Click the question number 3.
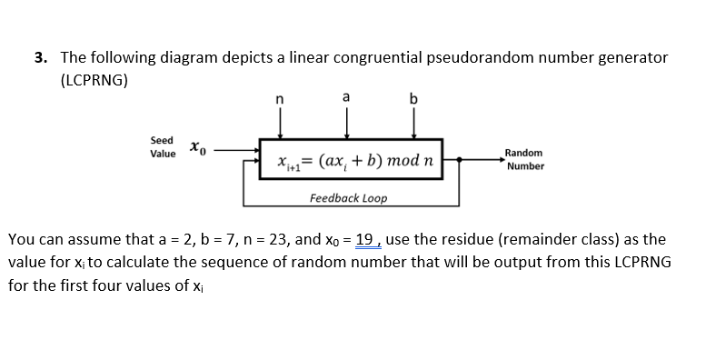pyautogui.click(x=40, y=57)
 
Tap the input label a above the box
pyautogui.click(x=346, y=96)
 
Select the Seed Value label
pyautogui.click(x=162, y=147)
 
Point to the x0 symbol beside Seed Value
pyautogui.click(x=198, y=147)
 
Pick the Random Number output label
pyautogui.click(x=524, y=159)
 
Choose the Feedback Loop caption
pyautogui.click(x=348, y=198)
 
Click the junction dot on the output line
pyautogui.click(x=460, y=160)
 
